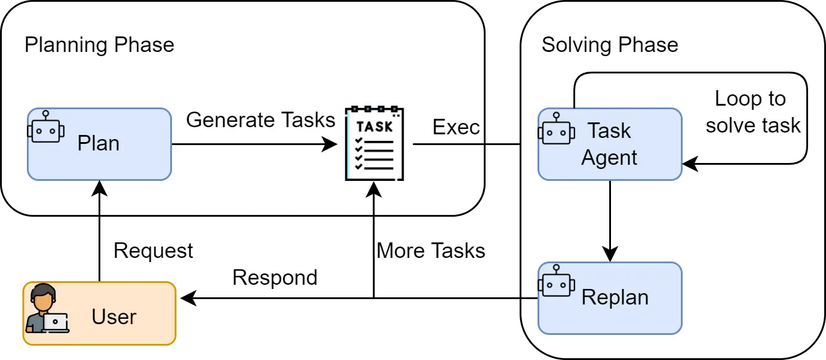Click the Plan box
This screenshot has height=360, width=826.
coord(99,144)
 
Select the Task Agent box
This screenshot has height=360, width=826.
coord(609,144)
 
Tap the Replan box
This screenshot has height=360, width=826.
coord(609,298)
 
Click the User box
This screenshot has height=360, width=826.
coord(99,314)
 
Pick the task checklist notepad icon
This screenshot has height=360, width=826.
coord(374,143)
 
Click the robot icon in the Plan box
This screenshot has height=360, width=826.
coord(46,127)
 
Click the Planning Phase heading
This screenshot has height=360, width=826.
coord(99,45)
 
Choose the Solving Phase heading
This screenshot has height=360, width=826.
coord(609,45)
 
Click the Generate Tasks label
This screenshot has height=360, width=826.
coord(260,120)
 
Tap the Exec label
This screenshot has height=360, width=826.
coord(456,127)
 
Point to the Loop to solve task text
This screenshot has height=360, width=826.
coord(751,112)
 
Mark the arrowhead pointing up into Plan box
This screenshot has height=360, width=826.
coord(99,188)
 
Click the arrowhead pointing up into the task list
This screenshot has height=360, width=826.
coord(374,189)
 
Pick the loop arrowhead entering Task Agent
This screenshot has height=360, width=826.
coord(690,163)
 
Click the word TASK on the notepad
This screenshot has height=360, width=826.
coord(374,127)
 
